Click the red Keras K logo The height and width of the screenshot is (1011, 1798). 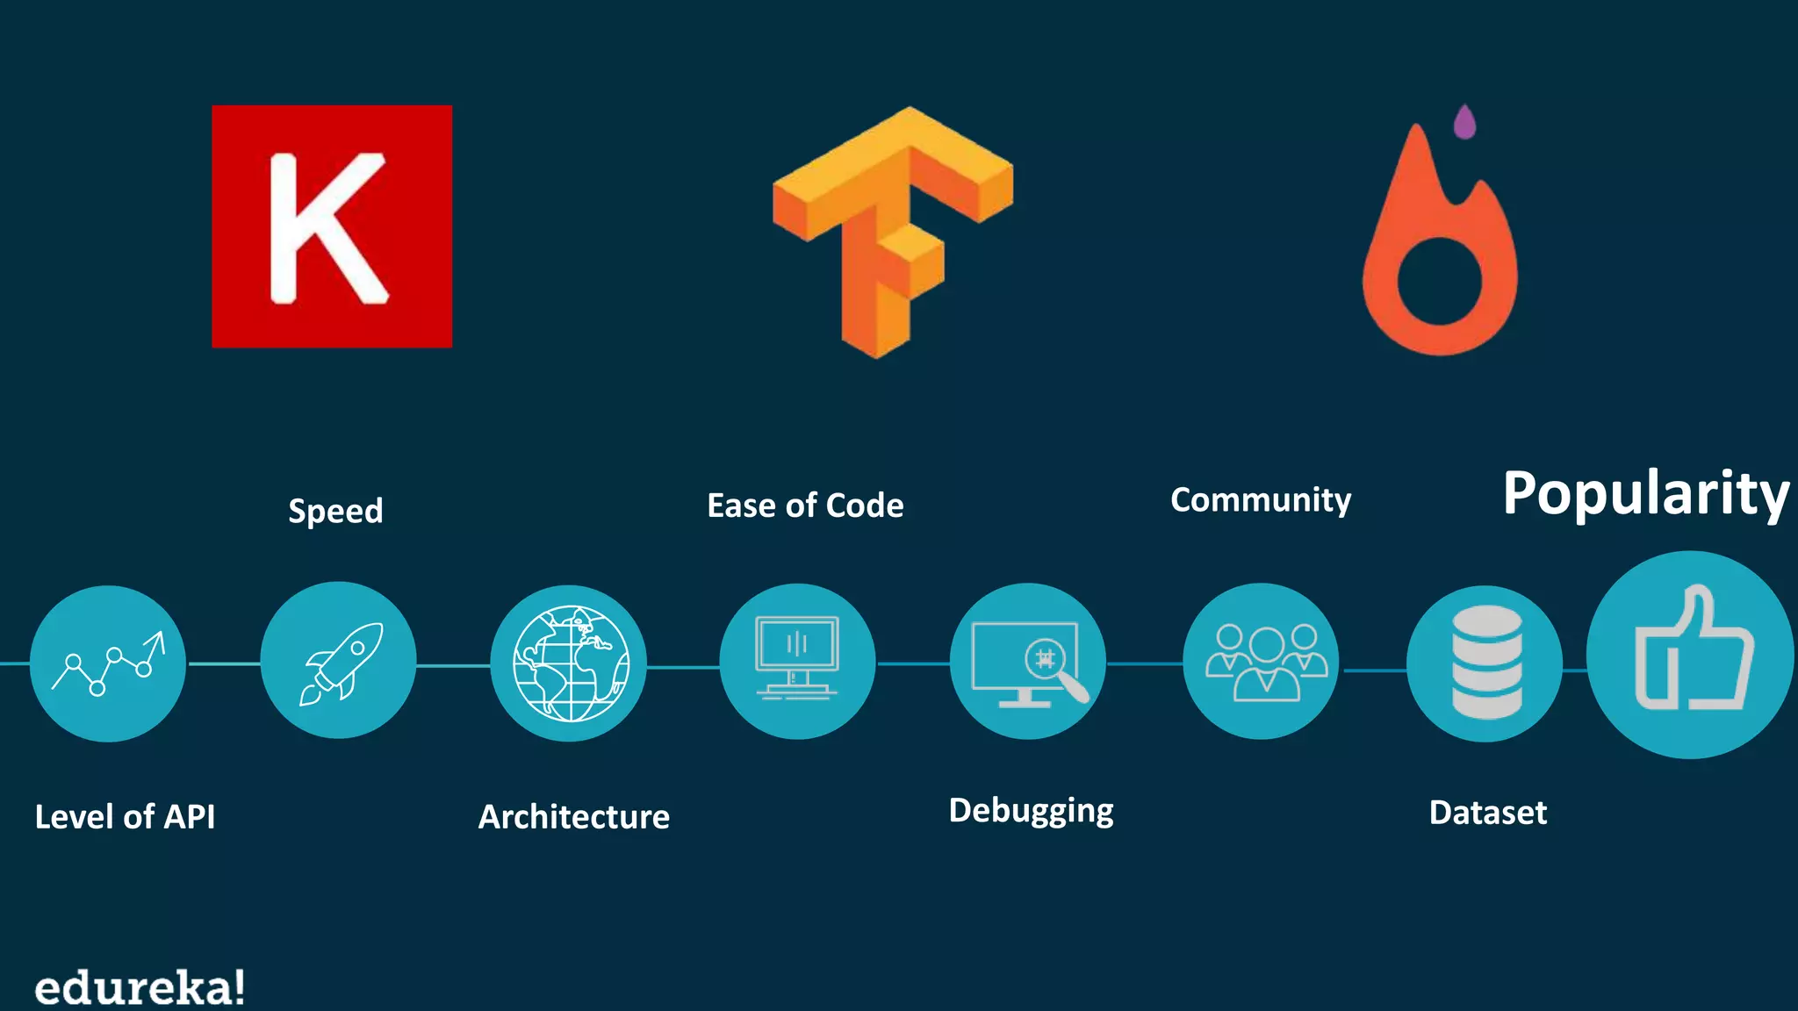coord(332,226)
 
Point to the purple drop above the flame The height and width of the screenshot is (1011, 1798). coord(1464,122)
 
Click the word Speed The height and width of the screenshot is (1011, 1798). coord(335,511)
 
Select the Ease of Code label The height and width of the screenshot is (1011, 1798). coord(805,505)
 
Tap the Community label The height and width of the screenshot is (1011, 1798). coord(1261,500)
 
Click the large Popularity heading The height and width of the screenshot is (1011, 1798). coord(1645,493)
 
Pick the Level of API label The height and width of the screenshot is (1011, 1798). coord(125,817)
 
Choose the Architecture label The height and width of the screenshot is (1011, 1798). coord(574,817)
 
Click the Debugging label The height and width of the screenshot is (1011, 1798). coord(1031,811)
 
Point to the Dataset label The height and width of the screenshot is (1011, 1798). coord(1487,813)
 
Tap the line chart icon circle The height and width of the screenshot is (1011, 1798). coord(108,663)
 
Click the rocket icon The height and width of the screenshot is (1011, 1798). coord(339,660)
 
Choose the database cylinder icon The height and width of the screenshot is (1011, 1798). coord(1485,663)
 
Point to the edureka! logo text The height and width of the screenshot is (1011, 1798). coord(140,988)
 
